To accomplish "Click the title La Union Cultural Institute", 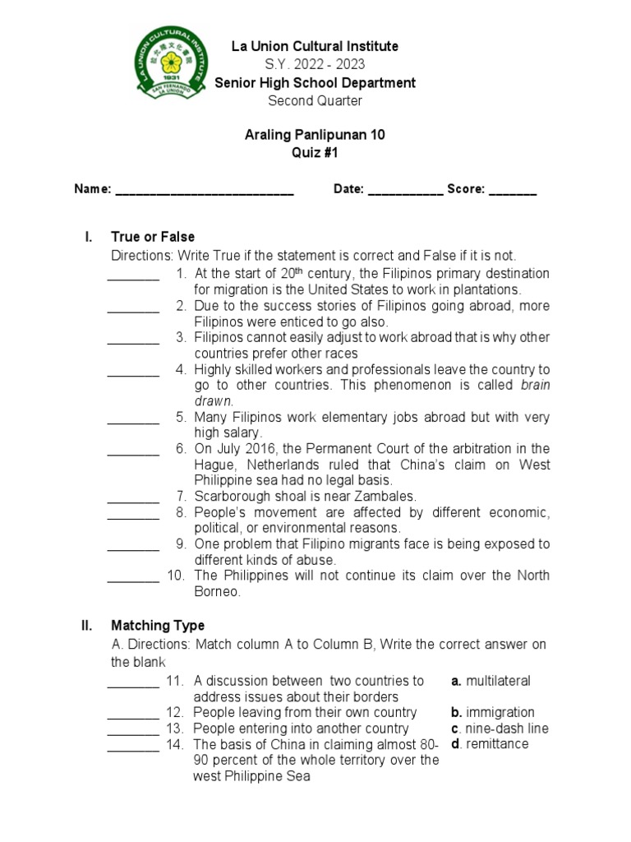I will point(315,47).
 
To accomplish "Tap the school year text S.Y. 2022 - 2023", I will point(315,65).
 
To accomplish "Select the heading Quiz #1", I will point(315,152).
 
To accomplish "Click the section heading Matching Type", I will point(158,626).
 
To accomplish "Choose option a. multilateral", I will point(491,681).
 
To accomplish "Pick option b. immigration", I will point(493,712).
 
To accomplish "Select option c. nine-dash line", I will point(500,729).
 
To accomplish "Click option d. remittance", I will point(490,744).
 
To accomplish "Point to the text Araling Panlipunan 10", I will point(315,134).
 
